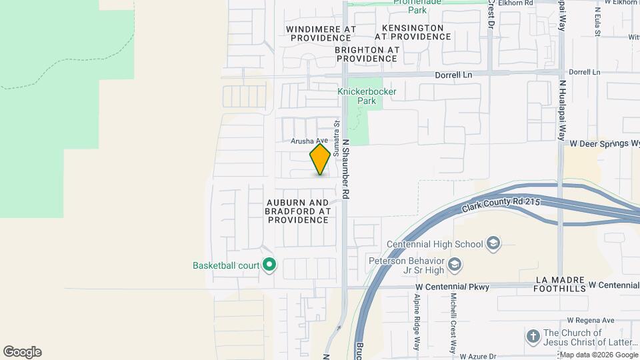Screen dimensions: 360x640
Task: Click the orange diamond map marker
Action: tap(320, 159)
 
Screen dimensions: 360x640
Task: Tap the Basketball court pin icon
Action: tap(269, 265)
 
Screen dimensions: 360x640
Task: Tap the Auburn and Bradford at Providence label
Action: tap(297, 211)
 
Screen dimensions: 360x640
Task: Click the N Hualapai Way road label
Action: tap(562, 110)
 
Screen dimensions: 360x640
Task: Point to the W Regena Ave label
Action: tap(589, 321)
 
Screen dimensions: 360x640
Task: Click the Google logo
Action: tap(22, 352)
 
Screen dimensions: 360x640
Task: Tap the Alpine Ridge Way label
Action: tap(417, 322)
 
